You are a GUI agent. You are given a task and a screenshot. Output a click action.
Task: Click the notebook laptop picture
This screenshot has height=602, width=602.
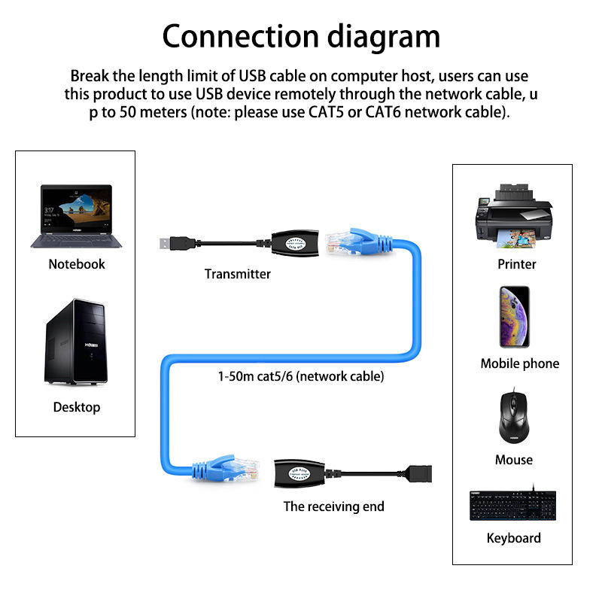click(x=76, y=216)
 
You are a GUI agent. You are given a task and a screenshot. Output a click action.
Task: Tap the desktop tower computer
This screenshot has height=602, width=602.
click(x=76, y=342)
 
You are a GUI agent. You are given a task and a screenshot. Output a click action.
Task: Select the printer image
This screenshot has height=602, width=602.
click(x=514, y=216)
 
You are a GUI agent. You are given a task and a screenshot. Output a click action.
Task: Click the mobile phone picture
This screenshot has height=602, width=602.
click(x=515, y=317)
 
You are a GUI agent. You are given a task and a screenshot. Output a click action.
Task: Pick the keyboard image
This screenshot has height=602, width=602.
click(x=513, y=505)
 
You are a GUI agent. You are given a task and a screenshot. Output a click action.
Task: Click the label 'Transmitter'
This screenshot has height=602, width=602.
click(x=237, y=274)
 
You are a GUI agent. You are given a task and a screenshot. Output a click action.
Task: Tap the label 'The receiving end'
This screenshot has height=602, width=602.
click(x=333, y=506)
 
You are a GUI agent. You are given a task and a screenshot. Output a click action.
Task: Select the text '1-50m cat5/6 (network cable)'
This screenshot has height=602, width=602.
click(x=301, y=376)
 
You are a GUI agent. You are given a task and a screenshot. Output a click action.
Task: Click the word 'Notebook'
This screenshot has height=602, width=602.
click(x=77, y=264)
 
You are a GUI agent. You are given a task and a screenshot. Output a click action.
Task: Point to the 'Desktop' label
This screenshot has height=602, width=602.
click(x=77, y=407)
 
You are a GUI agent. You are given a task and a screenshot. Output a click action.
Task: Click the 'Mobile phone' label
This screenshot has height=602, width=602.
click(x=520, y=363)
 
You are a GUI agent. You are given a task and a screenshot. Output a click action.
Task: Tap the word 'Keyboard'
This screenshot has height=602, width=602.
click(x=514, y=538)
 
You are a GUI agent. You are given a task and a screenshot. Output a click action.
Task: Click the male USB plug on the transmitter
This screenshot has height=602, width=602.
click(x=178, y=243)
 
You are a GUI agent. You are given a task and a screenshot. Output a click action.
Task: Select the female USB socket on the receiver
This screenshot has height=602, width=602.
click(x=418, y=473)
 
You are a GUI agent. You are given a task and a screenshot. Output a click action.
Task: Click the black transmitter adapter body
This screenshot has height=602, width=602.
click(x=295, y=243)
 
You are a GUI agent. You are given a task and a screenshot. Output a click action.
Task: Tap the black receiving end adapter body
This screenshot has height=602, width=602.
click(x=299, y=473)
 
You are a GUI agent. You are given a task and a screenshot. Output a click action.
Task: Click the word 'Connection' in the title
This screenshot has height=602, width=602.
click(x=241, y=36)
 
